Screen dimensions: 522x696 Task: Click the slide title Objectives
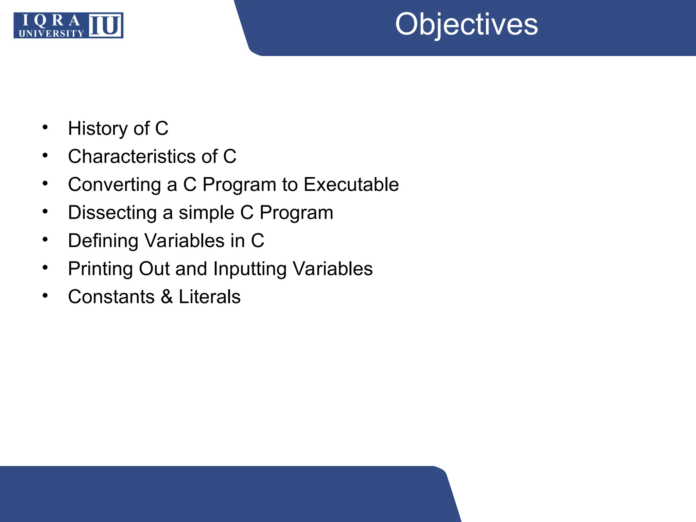pos(466,24)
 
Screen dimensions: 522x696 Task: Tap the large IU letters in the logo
pos(105,25)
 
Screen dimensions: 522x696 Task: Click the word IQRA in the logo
pos(51,21)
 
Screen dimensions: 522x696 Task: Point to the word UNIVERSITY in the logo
pos(51,33)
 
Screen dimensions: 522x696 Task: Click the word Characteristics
pos(132,156)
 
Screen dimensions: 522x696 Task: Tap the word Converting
pos(114,185)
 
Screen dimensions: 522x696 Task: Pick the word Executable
pos(351,185)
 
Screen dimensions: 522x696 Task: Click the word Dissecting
pos(112,213)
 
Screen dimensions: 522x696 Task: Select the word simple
pos(206,213)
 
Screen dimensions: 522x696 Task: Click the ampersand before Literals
pos(167,297)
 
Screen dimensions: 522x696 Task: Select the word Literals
pos(209,297)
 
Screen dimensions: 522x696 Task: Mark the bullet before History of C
pos(45,128)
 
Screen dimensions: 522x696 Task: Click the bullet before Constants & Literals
pos(45,296)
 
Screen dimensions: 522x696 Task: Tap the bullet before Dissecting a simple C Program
pos(45,212)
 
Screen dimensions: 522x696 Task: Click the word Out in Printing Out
pos(154,269)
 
